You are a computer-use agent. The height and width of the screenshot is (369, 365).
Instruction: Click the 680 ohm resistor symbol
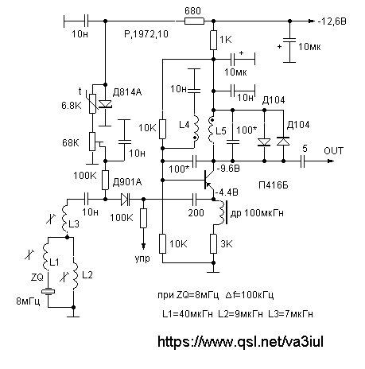pyautogui.click(x=194, y=21)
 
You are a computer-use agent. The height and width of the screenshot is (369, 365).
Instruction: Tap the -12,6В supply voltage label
pyautogui.click(x=332, y=21)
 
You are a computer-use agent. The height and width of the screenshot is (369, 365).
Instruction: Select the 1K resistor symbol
pyautogui.click(x=213, y=40)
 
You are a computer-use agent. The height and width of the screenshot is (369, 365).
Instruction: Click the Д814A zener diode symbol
pyautogui.click(x=105, y=104)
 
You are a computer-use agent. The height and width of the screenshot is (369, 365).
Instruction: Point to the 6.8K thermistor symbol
pyautogui.click(x=92, y=103)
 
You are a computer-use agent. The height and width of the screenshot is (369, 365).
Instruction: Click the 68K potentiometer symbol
pyautogui.click(x=92, y=142)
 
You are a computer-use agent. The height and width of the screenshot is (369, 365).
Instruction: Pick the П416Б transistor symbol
pyautogui.click(x=208, y=181)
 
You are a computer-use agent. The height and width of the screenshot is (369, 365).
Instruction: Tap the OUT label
pyautogui.click(x=334, y=151)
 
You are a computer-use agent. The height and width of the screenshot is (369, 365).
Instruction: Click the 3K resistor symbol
pyautogui.click(x=213, y=243)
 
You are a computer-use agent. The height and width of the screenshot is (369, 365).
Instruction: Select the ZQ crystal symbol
pyautogui.click(x=48, y=292)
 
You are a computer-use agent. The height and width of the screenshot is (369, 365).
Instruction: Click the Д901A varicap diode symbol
pyautogui.click(x=126, y=199)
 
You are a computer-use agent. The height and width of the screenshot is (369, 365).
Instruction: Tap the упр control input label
pyautogui.click(x=142, y=258)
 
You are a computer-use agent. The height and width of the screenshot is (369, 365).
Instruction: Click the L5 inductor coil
pyautogui.click(x=212, y=130)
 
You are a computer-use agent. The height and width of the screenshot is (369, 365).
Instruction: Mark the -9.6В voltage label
pyautogui.click(x=228, y=169)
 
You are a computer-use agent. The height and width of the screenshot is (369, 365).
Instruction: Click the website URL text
pyautogui.click(x=240, y=341)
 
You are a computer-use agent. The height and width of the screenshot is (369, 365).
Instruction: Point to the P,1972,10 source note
pyautogui.click(x=146, y=34)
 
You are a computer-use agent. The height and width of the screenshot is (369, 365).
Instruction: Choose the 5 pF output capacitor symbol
pyautogui.click(x=303, y=161)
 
